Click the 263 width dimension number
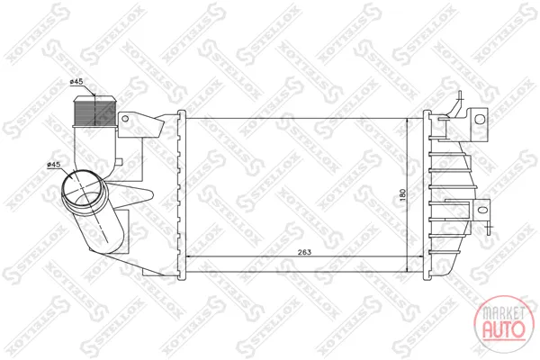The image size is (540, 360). pos(304,252)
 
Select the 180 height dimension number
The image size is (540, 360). pos(403,195)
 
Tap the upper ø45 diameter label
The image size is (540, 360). pos(76,82)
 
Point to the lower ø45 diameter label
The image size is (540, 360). pos(53,165)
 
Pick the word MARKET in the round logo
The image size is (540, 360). pos(503,313)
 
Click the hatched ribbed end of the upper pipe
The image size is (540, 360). pos(94,111)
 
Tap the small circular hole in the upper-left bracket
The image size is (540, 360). pos(125,119)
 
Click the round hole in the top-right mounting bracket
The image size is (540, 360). pos(480,119)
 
